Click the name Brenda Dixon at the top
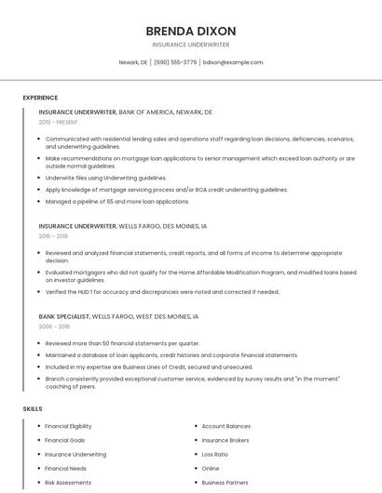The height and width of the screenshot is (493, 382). pyautogui.click(x=191, y=31)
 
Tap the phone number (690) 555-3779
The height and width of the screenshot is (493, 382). pyautogui.click(x=175, y=62)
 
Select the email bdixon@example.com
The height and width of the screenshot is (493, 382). pyautogui.click(x=233, y=62)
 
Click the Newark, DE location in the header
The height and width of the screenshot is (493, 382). pyautogui.click(x=133, y=62)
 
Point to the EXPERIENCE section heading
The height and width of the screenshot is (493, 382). pyautogui.click(x=40, y=98)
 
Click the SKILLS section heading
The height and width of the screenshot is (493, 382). pyautogui.click(x=33, y=408)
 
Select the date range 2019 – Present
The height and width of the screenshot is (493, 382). pyautogui.click(x=59, y=122)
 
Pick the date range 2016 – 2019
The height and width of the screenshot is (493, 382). pyautogui.click(x=54, y=236)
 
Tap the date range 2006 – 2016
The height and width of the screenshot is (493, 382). pyautogui.click(x=54, y=326)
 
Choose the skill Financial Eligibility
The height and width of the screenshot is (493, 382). pyautogui.click(x=68, y=426)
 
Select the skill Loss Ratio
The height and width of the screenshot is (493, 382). pyautogui.click(x=214, y=454)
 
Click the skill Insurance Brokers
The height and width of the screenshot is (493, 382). pyautogui.click(x=225, y=440)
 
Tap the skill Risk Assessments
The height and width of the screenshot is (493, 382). pyautogui.click(x=68, y=483)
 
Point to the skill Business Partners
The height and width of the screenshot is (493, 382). pyautogui.click(x=225, y=483)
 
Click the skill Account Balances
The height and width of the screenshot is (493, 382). pyautogui.click(x=225, y=426)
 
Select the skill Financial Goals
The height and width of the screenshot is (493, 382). pyautogui.click(x=64, y=440)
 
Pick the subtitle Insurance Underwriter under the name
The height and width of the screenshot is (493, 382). pyautogui.click(x=191, y=45)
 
